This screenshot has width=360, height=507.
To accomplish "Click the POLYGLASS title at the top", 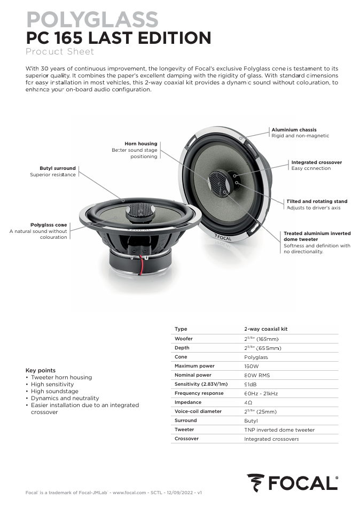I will click(92, 20).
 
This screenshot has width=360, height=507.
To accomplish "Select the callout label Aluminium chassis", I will click(294, 130).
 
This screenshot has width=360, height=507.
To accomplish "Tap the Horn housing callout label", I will click(141, 144).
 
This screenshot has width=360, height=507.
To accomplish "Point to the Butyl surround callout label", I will click(58, 168).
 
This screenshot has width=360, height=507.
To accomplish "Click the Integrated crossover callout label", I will click(316, 162).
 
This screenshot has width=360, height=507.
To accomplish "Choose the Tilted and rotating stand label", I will click(317, 201).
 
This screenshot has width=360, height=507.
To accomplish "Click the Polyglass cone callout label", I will click(49, 225).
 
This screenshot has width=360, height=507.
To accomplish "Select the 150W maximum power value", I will click(251, 366).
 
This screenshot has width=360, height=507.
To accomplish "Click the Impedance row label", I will click(188, 402).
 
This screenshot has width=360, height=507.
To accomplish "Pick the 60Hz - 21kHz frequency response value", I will click(261, 393).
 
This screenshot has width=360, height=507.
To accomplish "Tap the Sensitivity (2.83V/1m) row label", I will click(201, 384).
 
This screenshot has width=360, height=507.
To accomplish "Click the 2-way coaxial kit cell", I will click(266, 329).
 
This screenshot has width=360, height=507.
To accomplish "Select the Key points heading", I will click(41, 370).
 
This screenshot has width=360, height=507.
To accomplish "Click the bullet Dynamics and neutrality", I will click(65, 398).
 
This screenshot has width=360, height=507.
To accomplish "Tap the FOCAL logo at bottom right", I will click(292, 483).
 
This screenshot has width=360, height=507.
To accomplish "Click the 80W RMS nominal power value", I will click(257, 375).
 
